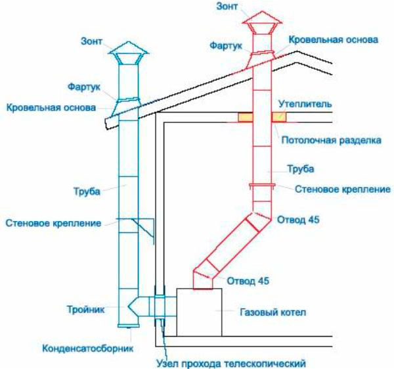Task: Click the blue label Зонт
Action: tap(91, 41)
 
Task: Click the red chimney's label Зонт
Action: tap(227, 7)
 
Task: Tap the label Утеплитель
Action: tap(305, 104)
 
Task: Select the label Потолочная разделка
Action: tap(331, 140)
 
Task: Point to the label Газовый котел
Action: tap(273, 312)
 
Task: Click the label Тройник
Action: tap(85, 309)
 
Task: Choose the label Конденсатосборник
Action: tap(88, 349)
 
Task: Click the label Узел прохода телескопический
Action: tap(231, 364)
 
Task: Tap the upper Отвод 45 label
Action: tap(298, 220)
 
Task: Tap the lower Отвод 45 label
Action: tap(248, 281)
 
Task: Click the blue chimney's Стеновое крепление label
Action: tap(53, 223)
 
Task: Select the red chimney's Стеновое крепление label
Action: tap(343, 189)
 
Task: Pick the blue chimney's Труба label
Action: tap(87, 191)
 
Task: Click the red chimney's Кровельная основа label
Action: tap(334, 39)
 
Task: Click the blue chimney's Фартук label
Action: tap(83, 87)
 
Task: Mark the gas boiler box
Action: tap(199, 312)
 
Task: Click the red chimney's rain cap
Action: tap(261, 22)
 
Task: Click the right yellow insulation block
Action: tap(278, 117)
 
